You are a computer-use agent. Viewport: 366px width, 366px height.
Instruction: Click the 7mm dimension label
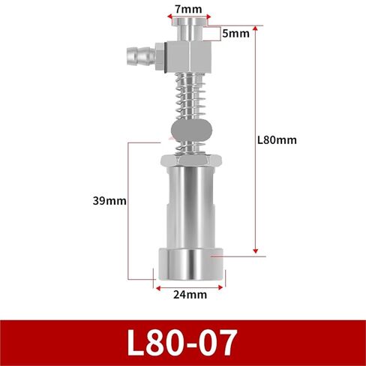click(188, 9)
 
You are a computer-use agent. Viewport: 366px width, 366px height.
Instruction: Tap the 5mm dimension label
click(235, 34)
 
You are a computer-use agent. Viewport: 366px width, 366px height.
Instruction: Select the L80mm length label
click(277, 140)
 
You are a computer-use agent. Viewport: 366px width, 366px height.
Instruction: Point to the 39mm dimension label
click(109, 201)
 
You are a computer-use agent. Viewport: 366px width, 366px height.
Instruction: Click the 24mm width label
click(190, 295)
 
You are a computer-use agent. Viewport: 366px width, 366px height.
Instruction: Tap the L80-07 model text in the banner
click(182, 343)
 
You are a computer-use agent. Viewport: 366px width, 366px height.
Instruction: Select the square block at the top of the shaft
click(188, 57)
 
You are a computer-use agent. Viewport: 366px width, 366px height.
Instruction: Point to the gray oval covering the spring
click(191, 130)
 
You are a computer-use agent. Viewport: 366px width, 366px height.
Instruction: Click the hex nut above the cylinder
click(190, 160)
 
